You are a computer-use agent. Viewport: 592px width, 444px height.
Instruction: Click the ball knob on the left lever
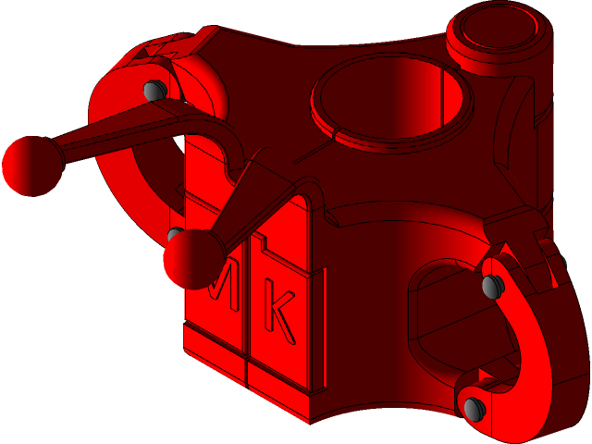click(x=31, y=166)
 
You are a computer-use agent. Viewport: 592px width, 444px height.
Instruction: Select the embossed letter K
click(x=280, y=310)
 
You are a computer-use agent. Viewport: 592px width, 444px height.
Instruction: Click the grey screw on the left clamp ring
click(x=154, y=90)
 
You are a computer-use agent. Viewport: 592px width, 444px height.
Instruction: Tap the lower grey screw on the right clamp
click(x=474, y=408)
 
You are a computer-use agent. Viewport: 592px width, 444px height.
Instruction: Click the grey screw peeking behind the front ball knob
click(x=172, y=232)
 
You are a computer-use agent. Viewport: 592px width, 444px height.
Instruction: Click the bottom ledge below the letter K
click(x=282, y=384)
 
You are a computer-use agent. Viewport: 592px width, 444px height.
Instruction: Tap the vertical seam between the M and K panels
click(x=247, y=324)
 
